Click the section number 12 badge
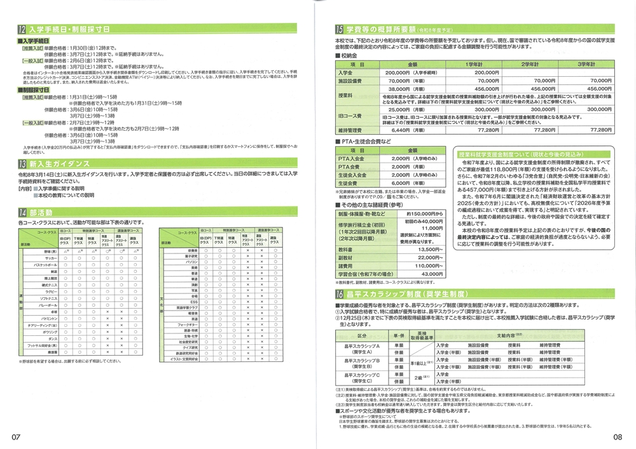22,29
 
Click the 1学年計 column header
472,65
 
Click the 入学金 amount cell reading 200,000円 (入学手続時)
407,73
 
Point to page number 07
15,437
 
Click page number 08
617,437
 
